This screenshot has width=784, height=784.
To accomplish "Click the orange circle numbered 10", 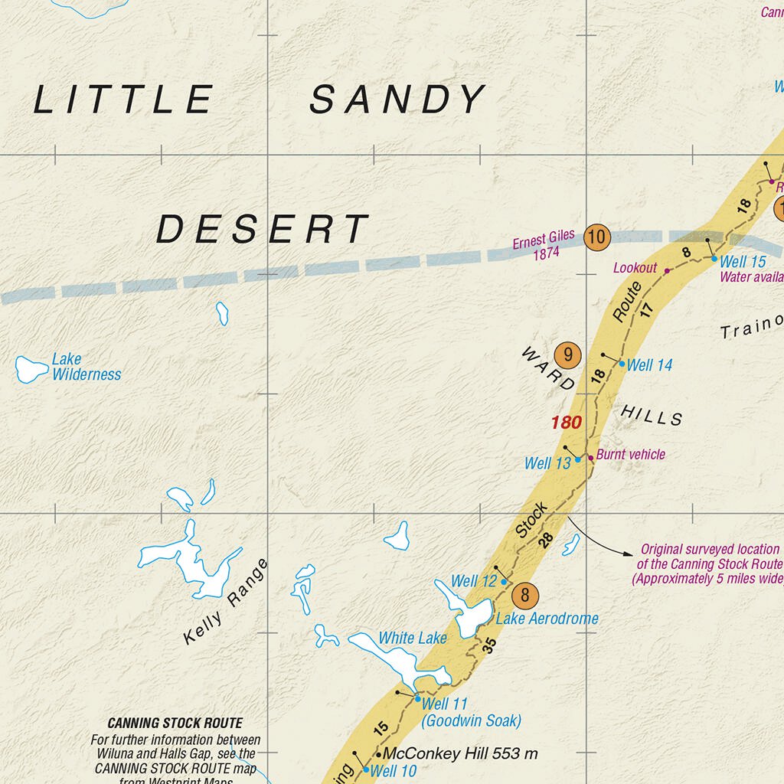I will [596, 237].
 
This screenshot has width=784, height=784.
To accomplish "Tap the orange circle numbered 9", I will [567, 354].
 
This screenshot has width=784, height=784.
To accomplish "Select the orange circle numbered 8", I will [524, 594].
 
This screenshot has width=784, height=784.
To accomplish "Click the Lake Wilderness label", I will [86, 367].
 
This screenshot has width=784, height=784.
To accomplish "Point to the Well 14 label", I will [649, 365].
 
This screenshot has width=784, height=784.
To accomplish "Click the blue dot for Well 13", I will [578, 459].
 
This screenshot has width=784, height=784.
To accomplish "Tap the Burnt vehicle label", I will [631, 454].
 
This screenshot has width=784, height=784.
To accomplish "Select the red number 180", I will [567, 422].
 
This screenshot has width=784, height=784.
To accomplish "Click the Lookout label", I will [635, 267].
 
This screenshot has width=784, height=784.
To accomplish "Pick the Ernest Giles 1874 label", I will [544, 245].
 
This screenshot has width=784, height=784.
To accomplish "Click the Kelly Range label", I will [226, 602].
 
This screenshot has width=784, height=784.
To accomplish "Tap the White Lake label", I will [413, 638].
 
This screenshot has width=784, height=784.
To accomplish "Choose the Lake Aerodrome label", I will [547, 619].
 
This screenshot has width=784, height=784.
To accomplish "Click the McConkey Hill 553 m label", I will [460, 753].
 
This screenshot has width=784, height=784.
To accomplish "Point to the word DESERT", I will [263, 230].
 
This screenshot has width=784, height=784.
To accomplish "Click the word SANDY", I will [397, 100].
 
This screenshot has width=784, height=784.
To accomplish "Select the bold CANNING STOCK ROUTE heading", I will [175, 723].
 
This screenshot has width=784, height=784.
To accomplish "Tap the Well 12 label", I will [474, 581].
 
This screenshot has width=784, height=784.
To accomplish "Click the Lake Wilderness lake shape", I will [31, 368].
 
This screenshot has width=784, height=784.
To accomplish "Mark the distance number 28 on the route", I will [546, 540].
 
